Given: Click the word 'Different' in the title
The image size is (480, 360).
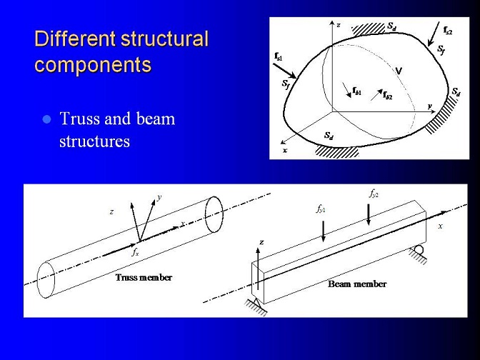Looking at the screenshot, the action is (x=75, y=39).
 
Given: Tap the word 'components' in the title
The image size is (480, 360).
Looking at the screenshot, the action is (x=93, y=65).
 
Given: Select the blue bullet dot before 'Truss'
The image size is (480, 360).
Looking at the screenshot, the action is (x=47, y=119).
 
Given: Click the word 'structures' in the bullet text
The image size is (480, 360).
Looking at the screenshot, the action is (x=94, y=141).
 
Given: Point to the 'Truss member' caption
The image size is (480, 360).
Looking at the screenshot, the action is (x=144, y=278).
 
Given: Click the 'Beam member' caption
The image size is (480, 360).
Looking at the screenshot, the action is (x=357, y=284).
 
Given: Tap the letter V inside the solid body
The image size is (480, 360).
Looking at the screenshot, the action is (x=399, y=71).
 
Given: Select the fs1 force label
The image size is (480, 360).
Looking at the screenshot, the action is (x=279, y=56).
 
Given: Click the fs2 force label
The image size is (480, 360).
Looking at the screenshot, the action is (x=448, y=30).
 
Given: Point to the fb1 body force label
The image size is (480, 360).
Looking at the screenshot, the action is (x=356, y=91).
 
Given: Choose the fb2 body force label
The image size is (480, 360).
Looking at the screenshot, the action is (x=387, y=95).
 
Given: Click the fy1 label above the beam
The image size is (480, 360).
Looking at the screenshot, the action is (x=321, y=209).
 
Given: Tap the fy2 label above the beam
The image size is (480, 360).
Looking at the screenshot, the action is (x=374, y=194).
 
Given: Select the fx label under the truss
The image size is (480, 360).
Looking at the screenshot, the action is (x=135, y=253).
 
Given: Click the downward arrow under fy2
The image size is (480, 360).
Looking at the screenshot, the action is (x=369, y=214).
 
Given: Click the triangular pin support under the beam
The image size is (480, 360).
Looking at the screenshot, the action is (x=256, y=303).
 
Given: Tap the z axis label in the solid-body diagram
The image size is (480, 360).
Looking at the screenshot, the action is (x=339, y=26).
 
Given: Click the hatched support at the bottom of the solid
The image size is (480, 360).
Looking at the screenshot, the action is (x=337, y=151).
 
